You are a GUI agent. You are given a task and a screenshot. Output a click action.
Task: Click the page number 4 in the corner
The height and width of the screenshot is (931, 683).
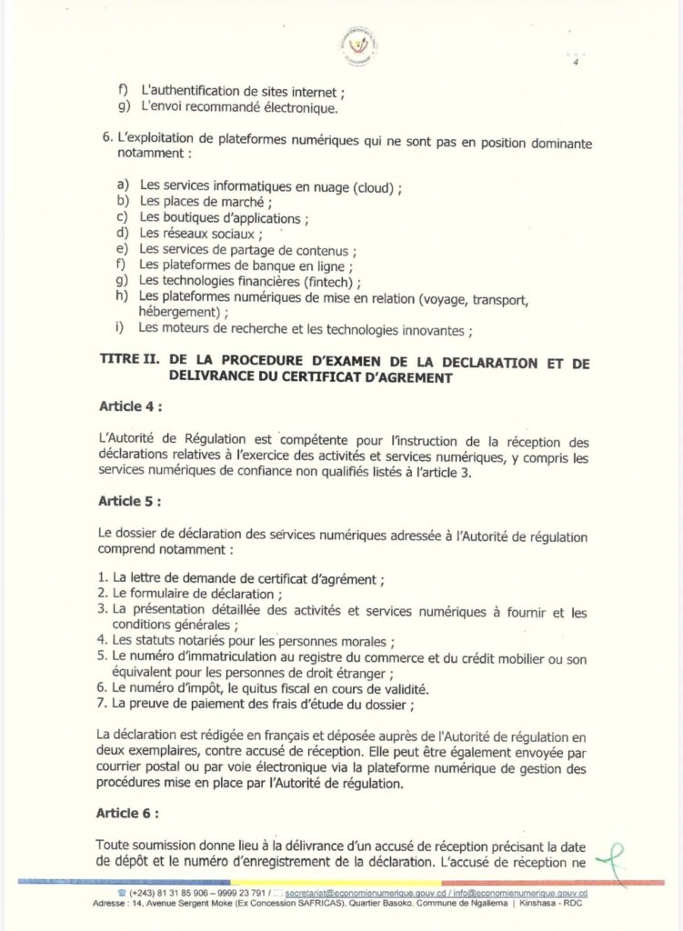click(x=575, y=63)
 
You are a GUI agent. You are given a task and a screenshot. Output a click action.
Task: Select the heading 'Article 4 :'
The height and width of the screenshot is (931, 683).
click(x=130, y=405)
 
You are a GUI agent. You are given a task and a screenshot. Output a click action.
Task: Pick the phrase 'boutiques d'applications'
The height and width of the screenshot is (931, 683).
click(x=231, y=218)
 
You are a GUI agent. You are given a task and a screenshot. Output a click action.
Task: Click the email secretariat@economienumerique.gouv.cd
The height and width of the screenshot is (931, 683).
click(x=357, y=895)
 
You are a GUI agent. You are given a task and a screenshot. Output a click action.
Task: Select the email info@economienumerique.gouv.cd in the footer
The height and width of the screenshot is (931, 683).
click(x=522, y=895)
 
